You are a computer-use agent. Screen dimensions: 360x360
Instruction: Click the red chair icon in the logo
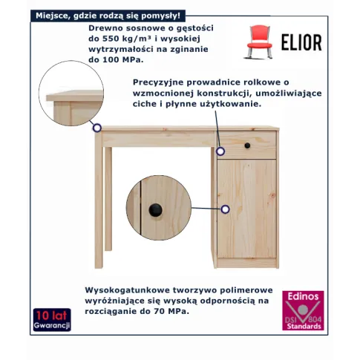pos(259,42)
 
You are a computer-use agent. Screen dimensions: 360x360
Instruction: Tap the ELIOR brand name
pos(301,42)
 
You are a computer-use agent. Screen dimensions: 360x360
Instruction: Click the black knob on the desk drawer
pos(247,145)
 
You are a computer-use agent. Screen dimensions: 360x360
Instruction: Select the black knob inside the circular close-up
pos(156,210)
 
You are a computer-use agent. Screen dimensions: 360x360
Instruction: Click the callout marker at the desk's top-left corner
pos(97,128)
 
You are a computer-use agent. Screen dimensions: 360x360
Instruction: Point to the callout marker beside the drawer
pos(220,151)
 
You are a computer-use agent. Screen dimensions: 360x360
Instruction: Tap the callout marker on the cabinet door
pos(225,209)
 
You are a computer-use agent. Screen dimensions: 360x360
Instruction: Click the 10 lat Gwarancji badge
pos(52,320)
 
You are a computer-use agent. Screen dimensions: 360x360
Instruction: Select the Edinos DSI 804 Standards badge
pos(303,310)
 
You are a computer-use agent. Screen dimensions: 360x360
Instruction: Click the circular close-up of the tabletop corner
pos(71,94)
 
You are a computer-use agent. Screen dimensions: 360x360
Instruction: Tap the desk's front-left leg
pos(99,200)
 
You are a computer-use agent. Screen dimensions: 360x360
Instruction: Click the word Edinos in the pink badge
pos(303,296)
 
